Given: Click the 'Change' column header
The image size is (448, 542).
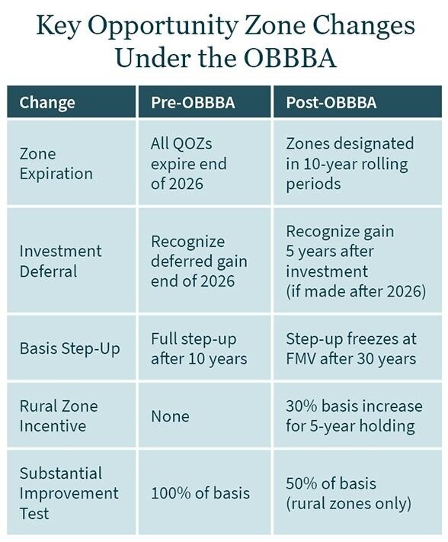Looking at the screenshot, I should (47, 102).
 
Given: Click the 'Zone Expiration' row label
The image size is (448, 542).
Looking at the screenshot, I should (56, 163).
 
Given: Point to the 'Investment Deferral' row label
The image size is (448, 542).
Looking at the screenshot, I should (60, 261).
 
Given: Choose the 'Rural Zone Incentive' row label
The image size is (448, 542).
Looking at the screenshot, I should (58, 416).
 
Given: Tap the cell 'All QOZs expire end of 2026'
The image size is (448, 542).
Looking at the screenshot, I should (188, 163).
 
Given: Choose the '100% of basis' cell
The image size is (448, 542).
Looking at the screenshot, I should (200, 493).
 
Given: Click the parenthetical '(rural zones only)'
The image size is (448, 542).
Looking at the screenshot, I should (349, 503).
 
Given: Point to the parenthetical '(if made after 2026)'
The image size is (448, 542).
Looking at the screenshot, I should (356, 290).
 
